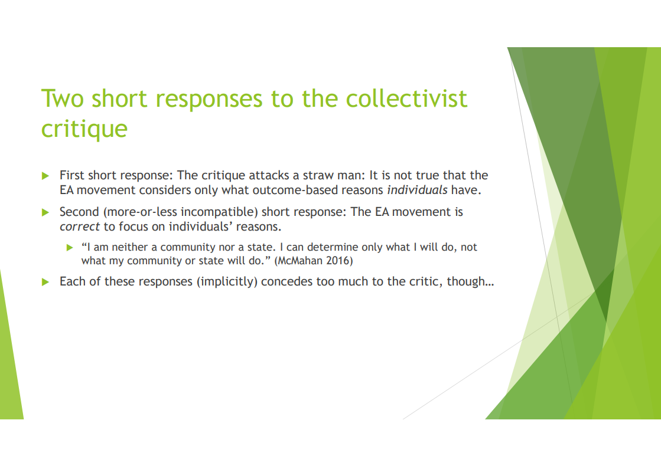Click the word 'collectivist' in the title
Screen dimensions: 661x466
point(406,99)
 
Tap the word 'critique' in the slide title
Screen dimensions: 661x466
point(84,129)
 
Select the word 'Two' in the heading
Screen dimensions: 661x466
point(63,99)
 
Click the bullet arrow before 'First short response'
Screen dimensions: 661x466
point(45,176)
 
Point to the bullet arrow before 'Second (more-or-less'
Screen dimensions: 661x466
point(45,212)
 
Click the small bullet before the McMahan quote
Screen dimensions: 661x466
point(70,248)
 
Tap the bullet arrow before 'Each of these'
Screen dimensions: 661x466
point(45,282)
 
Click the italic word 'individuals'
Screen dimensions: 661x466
point(417,191)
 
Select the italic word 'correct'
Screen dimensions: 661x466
point(80,227)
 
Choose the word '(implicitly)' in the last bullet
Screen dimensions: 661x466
point(227,281)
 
